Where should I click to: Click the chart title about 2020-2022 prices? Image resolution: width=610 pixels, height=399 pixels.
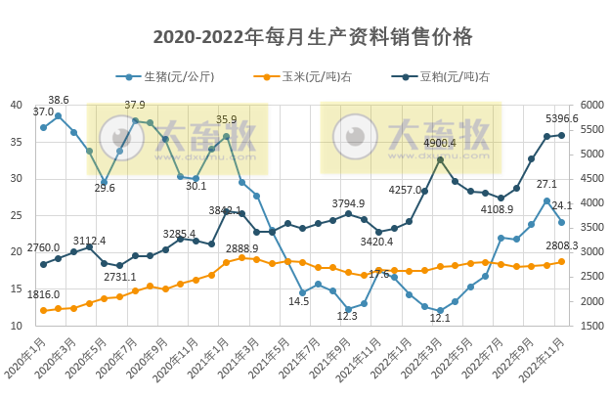(x=314, y=37)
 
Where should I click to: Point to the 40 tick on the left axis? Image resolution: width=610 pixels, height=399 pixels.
(x=17, y=105)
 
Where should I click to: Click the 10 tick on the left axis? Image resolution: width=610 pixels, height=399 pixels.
(x=17, y=325)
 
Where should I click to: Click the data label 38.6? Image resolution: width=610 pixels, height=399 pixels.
(x=59, y=101)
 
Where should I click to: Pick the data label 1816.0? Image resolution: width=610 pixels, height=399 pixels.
(x=43, y=294)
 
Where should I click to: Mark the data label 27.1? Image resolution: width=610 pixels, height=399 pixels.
(x=546, y=184)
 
